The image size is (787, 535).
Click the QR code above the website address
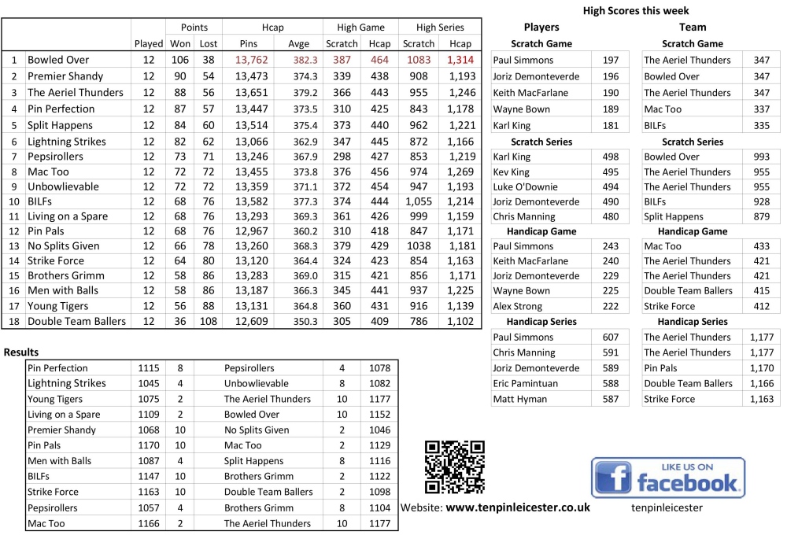click(x=454, y=467)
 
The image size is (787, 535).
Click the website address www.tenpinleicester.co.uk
click(x=518, y=507)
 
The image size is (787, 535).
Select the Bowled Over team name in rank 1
click(x=58, y=60)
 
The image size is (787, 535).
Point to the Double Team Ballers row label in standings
click(x=76, y=321)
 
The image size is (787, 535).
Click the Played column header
click(x=149, y=44)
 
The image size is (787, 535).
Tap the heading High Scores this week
click(x=636, y=10)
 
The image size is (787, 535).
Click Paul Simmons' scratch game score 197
click(x=611, y=60)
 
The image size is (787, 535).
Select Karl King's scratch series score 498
click(x=611, y=157)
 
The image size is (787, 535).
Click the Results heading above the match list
click(x=21, y=352)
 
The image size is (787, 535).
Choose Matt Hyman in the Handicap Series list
click(x=519, y=399)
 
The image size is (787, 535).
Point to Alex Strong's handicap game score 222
click(x=611, y=306)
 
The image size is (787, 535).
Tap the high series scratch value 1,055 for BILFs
click(x=419, y=201)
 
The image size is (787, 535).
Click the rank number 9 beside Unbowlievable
click(x=14, y=186)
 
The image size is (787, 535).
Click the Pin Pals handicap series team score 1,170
click(x=761, y=367)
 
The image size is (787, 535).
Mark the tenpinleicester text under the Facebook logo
click(x=667, y=508)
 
